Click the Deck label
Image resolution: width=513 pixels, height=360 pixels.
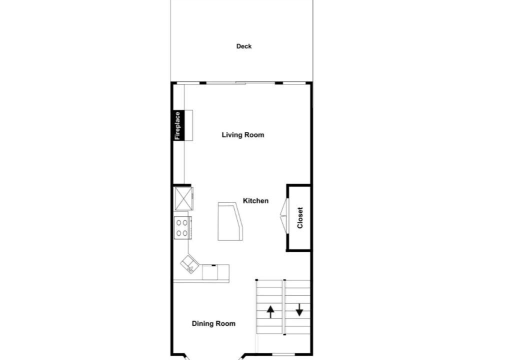click(x=243, y=46)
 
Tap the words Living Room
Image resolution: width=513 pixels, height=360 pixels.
click(x=243, y=135)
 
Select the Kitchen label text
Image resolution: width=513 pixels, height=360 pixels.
click(x=255, y=200)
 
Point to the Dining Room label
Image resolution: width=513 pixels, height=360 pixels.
click(x=213, y=323)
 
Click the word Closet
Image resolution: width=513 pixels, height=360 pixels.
click(x=300, y=217)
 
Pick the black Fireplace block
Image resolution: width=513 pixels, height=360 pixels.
click(x=178, y=125)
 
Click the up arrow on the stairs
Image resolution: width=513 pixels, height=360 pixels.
click(x=270, y=312)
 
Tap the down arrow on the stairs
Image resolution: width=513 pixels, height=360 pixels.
click(x=299, y=309)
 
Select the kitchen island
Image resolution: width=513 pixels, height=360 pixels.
click(x=230, y=221)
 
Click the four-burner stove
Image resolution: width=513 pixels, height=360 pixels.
click(x=182, y=228)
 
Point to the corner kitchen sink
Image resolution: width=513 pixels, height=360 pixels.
click(x=190, y=264)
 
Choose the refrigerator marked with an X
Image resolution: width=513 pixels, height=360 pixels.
click(x=183, y=198)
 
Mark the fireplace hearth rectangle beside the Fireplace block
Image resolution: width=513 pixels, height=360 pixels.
click(x=188, y=125)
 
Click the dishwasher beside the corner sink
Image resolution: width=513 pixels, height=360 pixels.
click(x=210, y=272)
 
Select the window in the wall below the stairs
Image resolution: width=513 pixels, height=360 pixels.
click(x=283, y=354)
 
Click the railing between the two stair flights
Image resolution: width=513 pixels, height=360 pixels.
click(x=284, y=307)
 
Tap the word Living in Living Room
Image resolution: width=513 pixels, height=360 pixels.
click(x=231, y=135)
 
